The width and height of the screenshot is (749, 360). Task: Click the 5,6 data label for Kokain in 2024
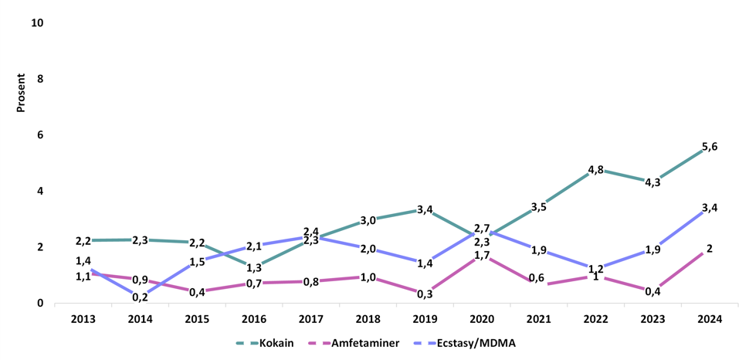click(x=710, y=147)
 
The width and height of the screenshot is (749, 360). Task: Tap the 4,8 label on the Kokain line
click(x=595, y=171)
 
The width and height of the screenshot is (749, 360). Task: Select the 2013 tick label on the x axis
click(x=83, y=319)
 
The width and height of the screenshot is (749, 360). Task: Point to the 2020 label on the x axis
click(x=481, y=319)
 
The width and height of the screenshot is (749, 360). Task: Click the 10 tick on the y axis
click(x=36, y=22)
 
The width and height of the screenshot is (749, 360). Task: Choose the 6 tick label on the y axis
click(x=40, y=134)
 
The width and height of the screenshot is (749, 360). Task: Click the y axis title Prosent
click(x=22, y=93)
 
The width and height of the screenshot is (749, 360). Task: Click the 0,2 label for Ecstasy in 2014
click(x=140, y=297)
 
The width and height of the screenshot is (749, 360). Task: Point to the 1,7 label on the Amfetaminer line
click(x=481, y=255)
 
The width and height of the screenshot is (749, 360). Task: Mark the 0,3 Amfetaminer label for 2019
click(x=425, y=294)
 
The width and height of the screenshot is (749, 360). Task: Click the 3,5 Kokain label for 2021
click(x=538, y=206)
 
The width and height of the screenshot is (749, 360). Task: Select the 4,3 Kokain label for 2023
click(x=652, y=183)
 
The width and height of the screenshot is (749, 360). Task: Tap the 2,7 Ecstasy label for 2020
click(x=481, y=229)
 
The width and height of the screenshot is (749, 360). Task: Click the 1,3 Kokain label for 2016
click(x=253, y=267)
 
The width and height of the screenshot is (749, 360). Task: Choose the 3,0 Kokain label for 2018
click(x=368, y=220)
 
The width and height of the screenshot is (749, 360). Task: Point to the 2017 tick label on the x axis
click(x=310, y=319)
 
